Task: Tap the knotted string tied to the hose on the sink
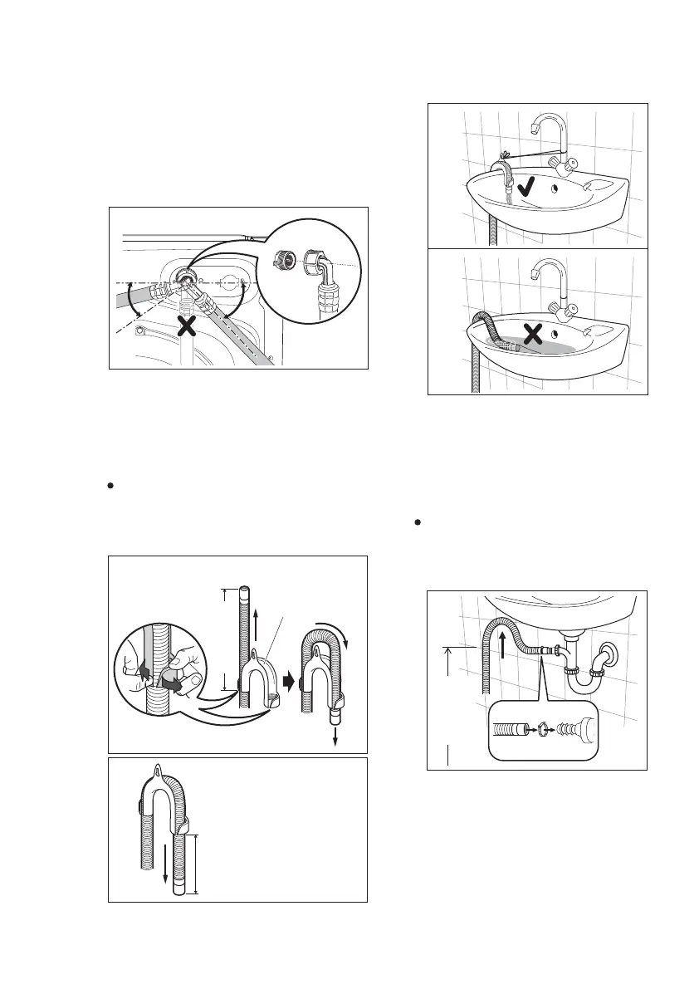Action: click(x=505, y=155)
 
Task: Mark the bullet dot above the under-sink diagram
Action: click(x=420, y=523)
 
